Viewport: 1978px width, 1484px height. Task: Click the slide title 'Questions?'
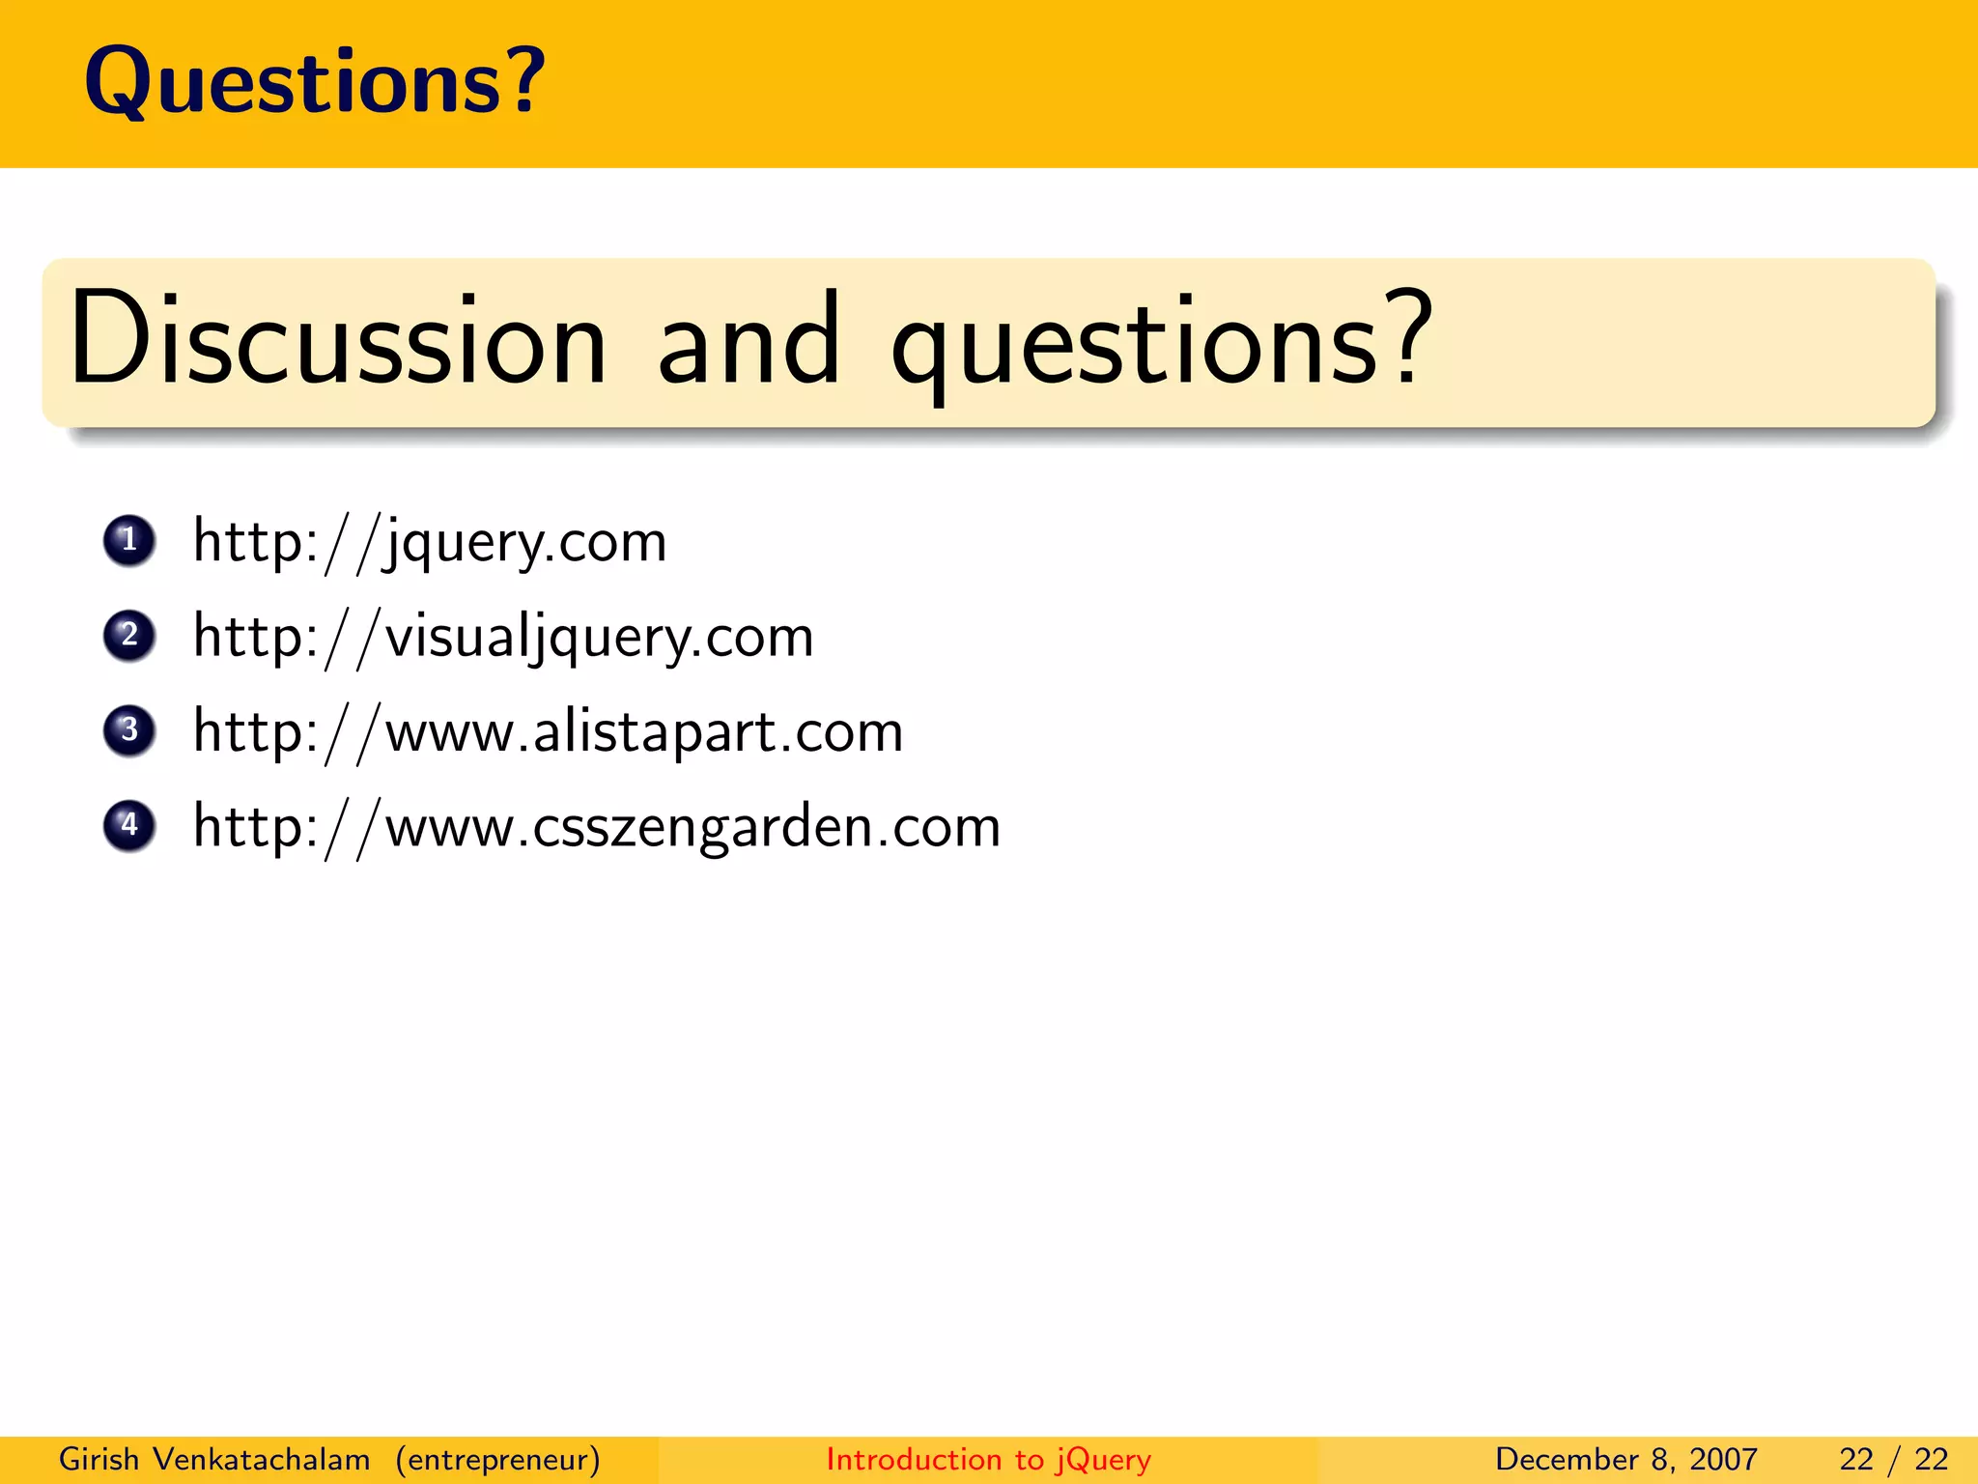click(315, 83)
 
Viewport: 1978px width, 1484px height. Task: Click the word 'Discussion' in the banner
click(338, 340)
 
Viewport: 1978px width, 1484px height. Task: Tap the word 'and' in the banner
click(749, 340)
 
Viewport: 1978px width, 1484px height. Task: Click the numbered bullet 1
click(129, 540)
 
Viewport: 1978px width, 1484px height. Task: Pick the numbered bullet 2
click(129, 636)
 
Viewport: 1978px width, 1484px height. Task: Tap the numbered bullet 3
click(129, 730)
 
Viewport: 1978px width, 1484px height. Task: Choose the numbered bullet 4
click(129, 826)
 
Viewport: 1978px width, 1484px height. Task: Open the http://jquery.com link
click(430, 542)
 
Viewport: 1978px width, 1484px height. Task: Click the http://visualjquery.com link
click(503, 638)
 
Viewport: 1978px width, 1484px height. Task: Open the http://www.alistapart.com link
click(548, 732)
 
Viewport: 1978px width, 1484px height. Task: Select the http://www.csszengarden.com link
click(597, 828)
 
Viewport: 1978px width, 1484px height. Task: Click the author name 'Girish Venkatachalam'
click(214, 1459)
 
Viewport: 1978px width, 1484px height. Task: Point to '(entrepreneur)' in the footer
click(497, 1459)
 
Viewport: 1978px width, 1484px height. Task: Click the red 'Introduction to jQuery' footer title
click(988, 1459)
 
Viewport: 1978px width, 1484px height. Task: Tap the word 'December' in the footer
click(1568, 1459)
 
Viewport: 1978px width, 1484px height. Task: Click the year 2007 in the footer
click(1723, 1459)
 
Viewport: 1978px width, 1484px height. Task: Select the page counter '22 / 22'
click(1893, 1459)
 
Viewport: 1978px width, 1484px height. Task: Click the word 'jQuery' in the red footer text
click(1103, 1460)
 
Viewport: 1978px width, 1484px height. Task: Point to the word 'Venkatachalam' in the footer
click(262, 1459)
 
